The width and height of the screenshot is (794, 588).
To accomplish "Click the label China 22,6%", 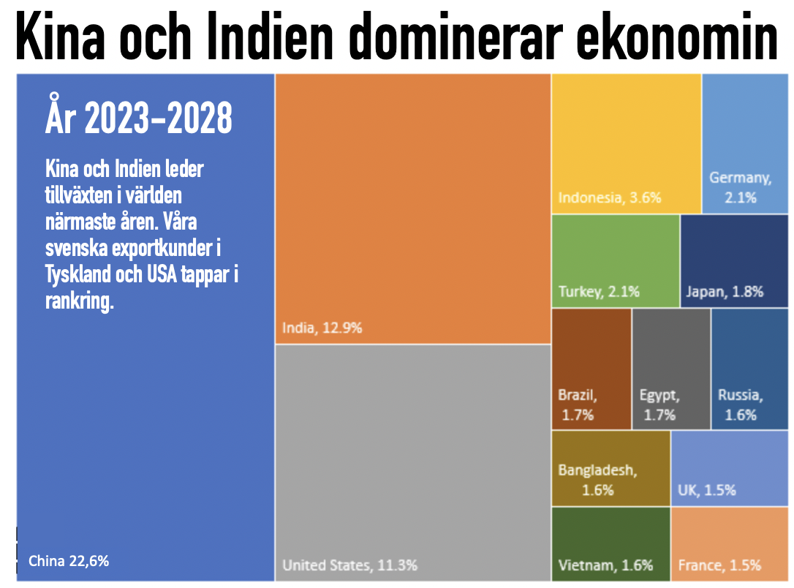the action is [69, 561].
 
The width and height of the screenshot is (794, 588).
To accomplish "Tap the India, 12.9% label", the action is [322, 328].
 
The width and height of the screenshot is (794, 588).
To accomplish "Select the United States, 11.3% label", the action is [350, 565].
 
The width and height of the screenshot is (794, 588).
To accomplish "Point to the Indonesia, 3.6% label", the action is [610, 197].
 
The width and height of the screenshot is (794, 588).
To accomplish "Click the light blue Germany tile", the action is [745, 143].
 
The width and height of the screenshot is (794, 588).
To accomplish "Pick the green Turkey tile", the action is [616, 261].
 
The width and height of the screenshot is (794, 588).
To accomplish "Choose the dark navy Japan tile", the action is [734, 261].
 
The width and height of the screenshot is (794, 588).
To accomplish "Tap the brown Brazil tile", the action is [591, 369].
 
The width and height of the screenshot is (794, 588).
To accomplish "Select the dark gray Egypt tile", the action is [671, 369].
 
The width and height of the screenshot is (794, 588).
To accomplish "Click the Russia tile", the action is [750, 369].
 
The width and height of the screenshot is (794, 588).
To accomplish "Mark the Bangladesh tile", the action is [610, 469].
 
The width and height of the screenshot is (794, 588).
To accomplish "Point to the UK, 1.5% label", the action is [707, 490].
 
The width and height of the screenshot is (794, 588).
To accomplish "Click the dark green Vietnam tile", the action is [610, 544].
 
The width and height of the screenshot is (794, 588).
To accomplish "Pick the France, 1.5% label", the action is [719, 565].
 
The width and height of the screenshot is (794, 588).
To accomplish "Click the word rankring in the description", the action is [80, 301].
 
